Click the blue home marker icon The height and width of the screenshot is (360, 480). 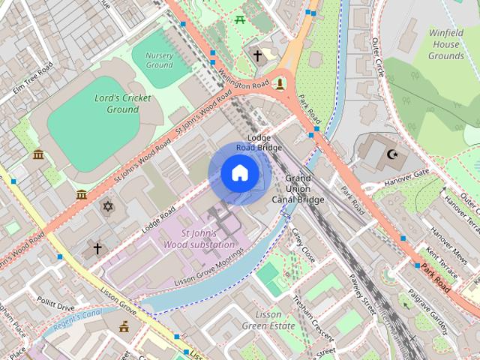(x=239, y=173)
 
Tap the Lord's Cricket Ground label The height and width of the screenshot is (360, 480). (x=123, y=103)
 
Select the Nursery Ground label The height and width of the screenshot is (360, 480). (x=159, y=60)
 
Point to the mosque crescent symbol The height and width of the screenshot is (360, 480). (x=391, y=154)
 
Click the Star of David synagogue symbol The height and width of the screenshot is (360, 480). (x=107, y=205)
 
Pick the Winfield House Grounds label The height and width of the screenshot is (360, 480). (x=445, y=44)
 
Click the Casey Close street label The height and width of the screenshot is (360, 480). (x=303, y=245)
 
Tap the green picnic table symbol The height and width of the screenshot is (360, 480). (x=241, y=19)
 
